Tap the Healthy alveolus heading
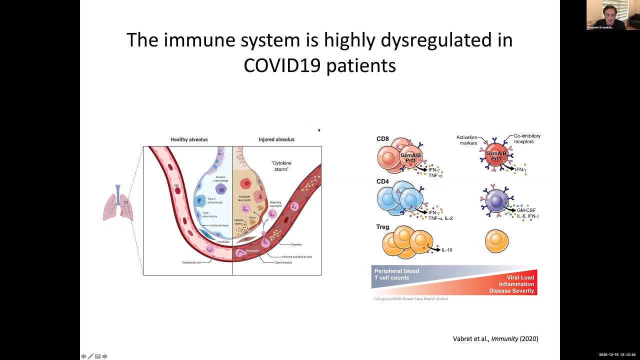click(189, 139)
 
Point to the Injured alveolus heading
click(276, 139)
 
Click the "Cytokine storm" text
click(281, 166)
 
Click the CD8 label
click(382, 139)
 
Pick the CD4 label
click(382, 181)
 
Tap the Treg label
click(382, 227)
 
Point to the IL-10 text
click(446, 250)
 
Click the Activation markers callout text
click(466, 140)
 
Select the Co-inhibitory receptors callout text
click(527, 138)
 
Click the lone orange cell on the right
click(496, 241)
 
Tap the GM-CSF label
click(526, 211)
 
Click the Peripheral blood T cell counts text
click(397, 274)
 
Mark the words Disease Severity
click(511, 291)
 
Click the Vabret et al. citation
click(495, 339)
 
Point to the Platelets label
click(296, 244)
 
